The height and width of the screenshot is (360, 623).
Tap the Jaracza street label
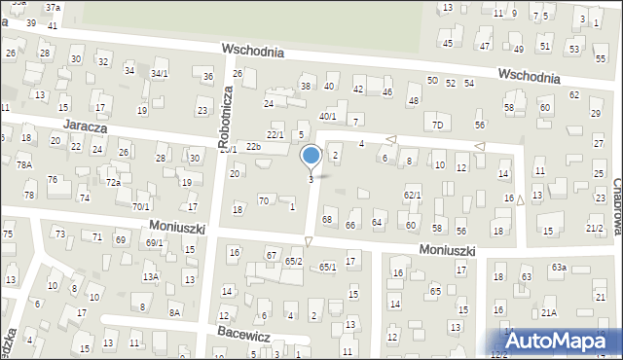tap(85, 126)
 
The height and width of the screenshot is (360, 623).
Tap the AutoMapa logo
tap(560, 341)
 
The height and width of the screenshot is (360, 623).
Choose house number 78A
tap(24, 165)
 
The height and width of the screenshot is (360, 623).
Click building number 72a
tap(113, 183)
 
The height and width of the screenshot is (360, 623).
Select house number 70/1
tap(141, 206)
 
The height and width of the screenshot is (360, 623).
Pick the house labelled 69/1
tap(154, 242)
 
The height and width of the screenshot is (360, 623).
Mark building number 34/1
tap(160, 73)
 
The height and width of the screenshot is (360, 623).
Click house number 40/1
tap(328, 117)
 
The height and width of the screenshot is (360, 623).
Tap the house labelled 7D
tap(438, 126)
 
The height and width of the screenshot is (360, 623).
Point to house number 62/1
tap(412, 196)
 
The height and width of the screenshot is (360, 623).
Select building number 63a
tap(558, 267)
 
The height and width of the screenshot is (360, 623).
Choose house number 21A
tap(549, 312)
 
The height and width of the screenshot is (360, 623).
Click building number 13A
tap(151, 277)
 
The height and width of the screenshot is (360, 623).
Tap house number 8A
tap(175, 312)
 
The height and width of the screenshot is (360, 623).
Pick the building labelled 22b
tap(253, 147)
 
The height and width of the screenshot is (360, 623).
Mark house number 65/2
tap(294, 262)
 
